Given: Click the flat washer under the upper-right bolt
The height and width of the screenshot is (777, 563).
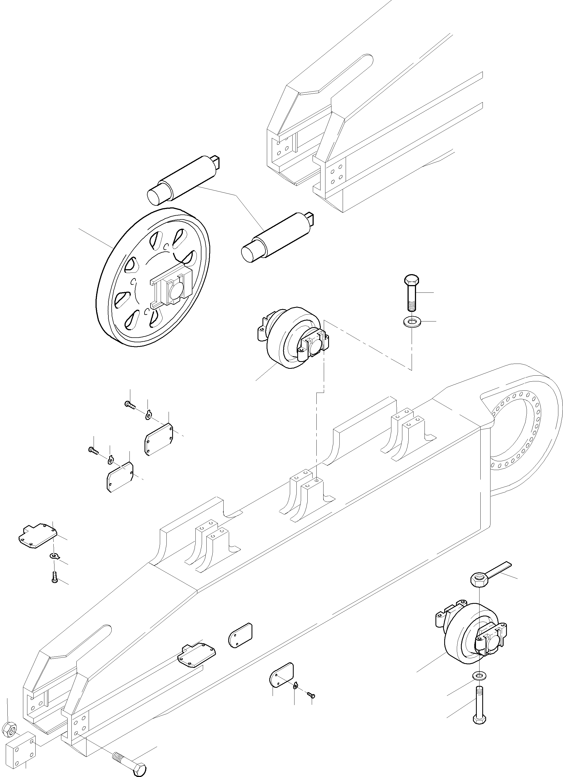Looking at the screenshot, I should (x=412, y=322).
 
